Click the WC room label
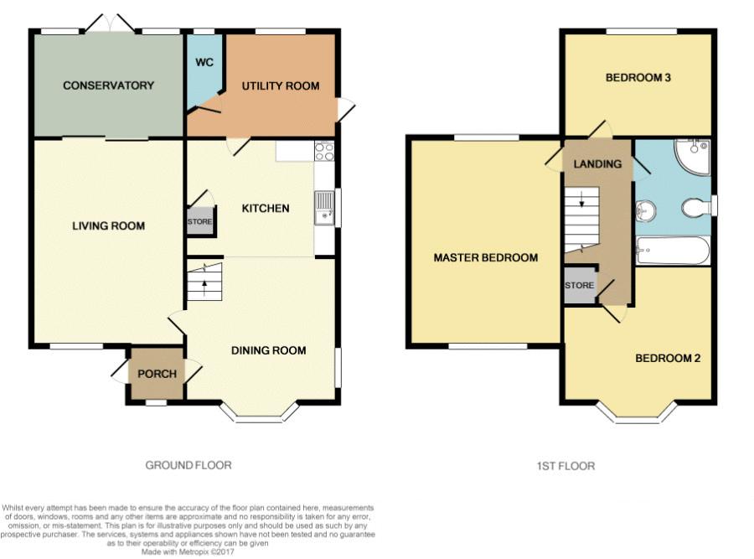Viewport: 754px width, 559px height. [x=204, y=63]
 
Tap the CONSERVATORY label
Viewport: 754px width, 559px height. [x=109, y=85]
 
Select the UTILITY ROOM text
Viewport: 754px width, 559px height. [x=281, y=86]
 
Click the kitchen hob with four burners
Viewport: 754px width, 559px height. [x=324, y=151]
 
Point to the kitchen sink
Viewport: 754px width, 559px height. [x=324, y=208]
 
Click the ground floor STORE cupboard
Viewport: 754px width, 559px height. [x=200, y=221]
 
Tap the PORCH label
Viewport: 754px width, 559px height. [x=158, y=374]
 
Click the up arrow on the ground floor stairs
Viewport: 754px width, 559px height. [x=205, y=284]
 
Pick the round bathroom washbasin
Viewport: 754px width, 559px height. [x=646, y=210]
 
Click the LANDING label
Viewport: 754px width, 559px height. [x=597, y=164]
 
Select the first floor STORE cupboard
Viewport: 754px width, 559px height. [x=580, y=285]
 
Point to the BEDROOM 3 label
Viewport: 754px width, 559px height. [x=638, y=77]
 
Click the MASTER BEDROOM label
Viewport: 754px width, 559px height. [x=486, y=258]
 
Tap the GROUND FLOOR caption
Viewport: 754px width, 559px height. [x=188, y=465]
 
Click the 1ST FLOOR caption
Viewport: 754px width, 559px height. [x=566, y=466]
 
